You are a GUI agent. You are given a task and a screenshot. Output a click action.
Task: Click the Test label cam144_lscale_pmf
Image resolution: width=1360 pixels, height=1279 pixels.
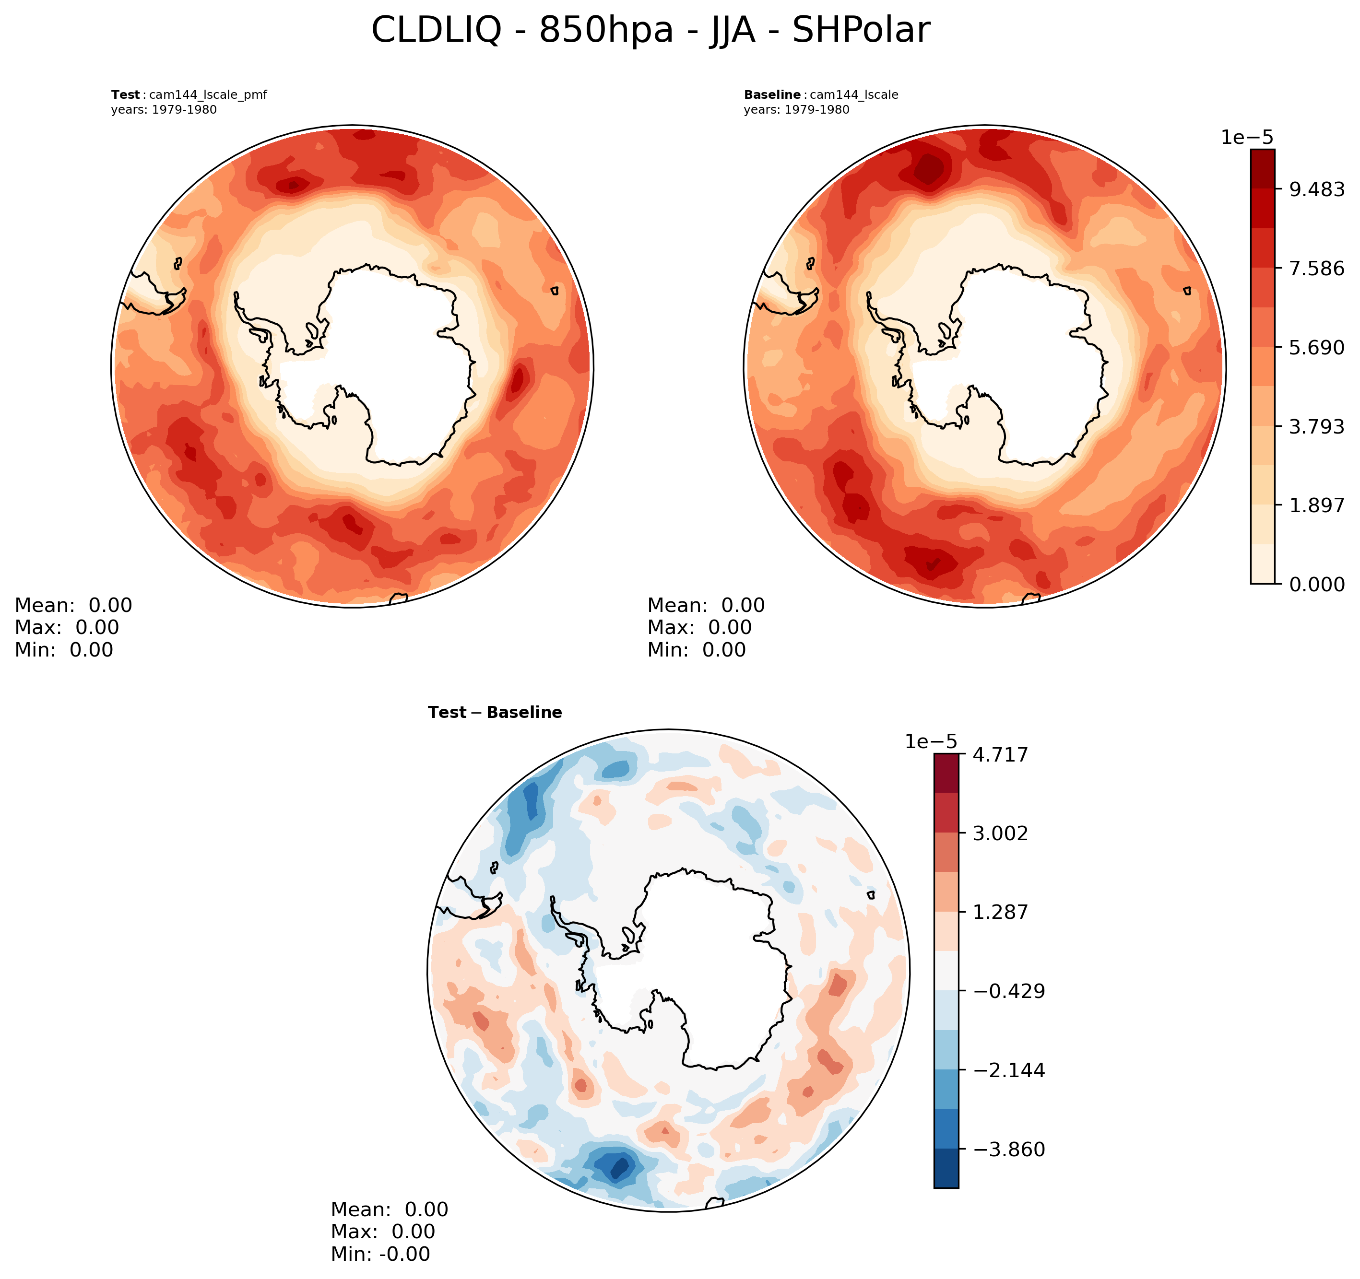[189, 95]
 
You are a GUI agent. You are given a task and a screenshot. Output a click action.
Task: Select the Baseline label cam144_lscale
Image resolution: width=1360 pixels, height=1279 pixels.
[821, 95]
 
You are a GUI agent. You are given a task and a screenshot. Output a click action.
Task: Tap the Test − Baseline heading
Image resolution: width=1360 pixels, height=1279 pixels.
[495, 713]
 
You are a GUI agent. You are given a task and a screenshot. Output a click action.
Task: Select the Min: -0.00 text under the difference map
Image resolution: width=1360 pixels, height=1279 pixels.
[380, 1255]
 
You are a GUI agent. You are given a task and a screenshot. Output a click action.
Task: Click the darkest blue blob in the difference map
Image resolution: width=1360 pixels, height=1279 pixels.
[618, 1166]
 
